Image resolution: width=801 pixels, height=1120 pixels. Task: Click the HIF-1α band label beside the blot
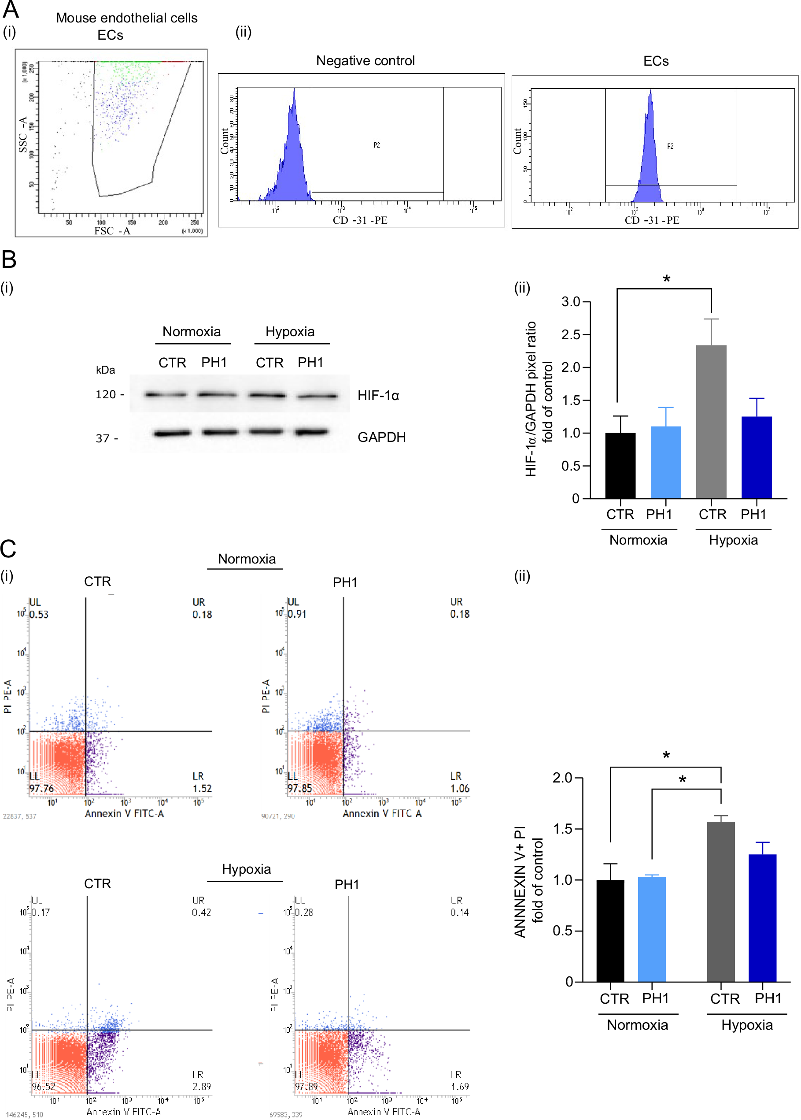coord(378,395)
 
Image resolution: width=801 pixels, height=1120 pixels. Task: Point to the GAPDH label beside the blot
coord(381,437)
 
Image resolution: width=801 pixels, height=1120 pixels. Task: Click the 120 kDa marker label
coord(106,394)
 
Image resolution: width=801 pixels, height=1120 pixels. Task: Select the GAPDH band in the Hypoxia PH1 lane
coord(311,432)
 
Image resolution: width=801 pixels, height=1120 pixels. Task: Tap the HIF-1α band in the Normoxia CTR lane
coord(166,394)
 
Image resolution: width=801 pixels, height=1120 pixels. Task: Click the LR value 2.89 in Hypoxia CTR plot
coord(201,1087)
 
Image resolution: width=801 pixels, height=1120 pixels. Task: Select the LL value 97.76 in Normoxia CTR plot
coord(41,788)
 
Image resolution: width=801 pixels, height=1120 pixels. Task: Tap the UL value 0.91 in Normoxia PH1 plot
coord(297,614)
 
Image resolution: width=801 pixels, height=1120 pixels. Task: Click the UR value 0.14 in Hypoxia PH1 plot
coord(459,912)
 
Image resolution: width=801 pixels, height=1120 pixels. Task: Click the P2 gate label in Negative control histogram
coord(377,145)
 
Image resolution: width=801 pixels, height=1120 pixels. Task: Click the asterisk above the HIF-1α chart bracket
coord(666,279)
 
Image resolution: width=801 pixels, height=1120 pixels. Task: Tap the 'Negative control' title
coord(365,61)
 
